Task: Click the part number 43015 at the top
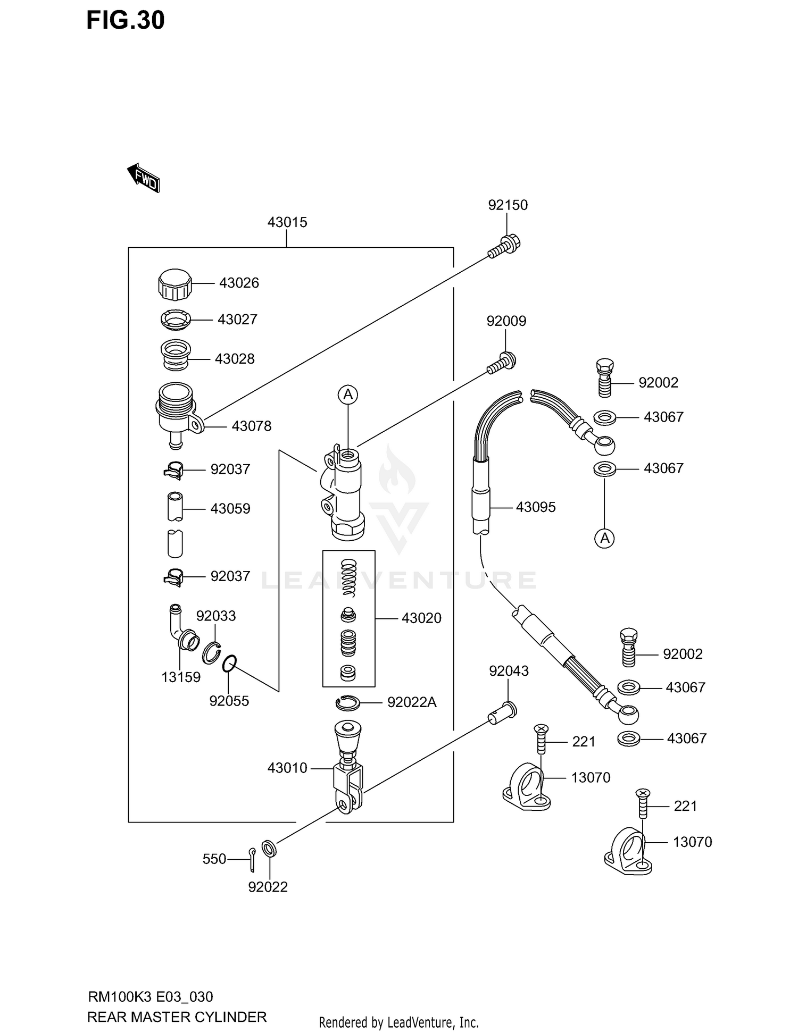click(x=287, y=222)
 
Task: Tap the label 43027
click(x=237, y=320)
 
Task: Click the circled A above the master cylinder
click(x=348, y=395)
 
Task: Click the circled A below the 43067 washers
click(x=604, y=539)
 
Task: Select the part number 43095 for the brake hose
click(x=535, y=507)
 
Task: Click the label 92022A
click(x=411, y=703)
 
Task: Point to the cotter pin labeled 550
click(x=252, y=859)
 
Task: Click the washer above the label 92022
click(x=269, y=849)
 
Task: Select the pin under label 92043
click(x=502, y=712)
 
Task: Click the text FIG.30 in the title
click(x=126, y=20)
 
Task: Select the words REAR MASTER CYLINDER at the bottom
click(x=177, y=1017)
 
